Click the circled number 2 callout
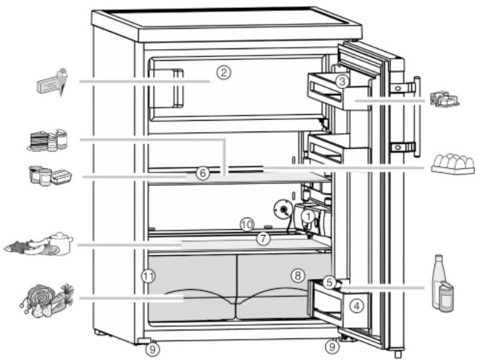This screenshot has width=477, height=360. coord(224,73)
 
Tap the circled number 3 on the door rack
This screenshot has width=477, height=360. coord(343,82)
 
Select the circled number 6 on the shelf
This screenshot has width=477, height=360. coord(202,173)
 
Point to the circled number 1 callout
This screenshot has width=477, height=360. coord(309,217)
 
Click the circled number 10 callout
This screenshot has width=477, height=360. coord(246,226)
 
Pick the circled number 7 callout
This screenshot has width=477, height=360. coord(263,239)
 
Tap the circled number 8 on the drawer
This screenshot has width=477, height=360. coord(298,275)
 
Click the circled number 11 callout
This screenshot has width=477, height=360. coord(148,276)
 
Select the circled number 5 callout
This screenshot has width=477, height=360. coord(329,283)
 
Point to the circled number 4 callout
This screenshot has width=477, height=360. coord(356,306)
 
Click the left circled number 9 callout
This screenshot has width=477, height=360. coord(152,350)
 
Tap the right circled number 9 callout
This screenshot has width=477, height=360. coord(332,347)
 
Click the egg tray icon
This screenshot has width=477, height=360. coord(453,164)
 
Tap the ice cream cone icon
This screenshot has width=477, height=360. coord(62,81)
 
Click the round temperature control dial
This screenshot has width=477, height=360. coord(283,210)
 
